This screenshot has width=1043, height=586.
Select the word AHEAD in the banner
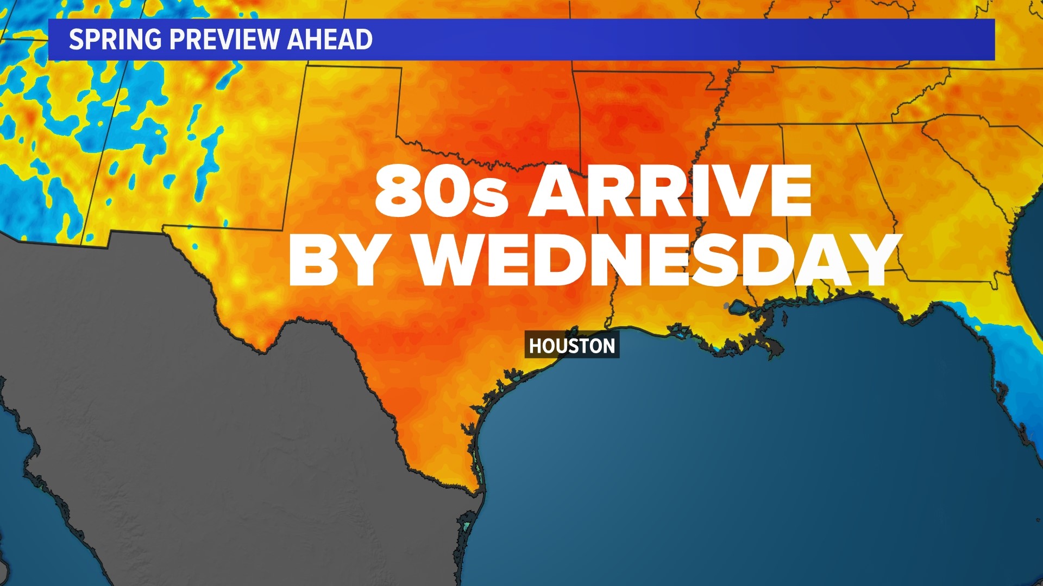point(329,40)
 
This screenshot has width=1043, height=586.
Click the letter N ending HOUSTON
point(608,346)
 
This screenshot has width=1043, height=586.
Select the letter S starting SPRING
point(77,40)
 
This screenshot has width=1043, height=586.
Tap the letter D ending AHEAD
point(364,40)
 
